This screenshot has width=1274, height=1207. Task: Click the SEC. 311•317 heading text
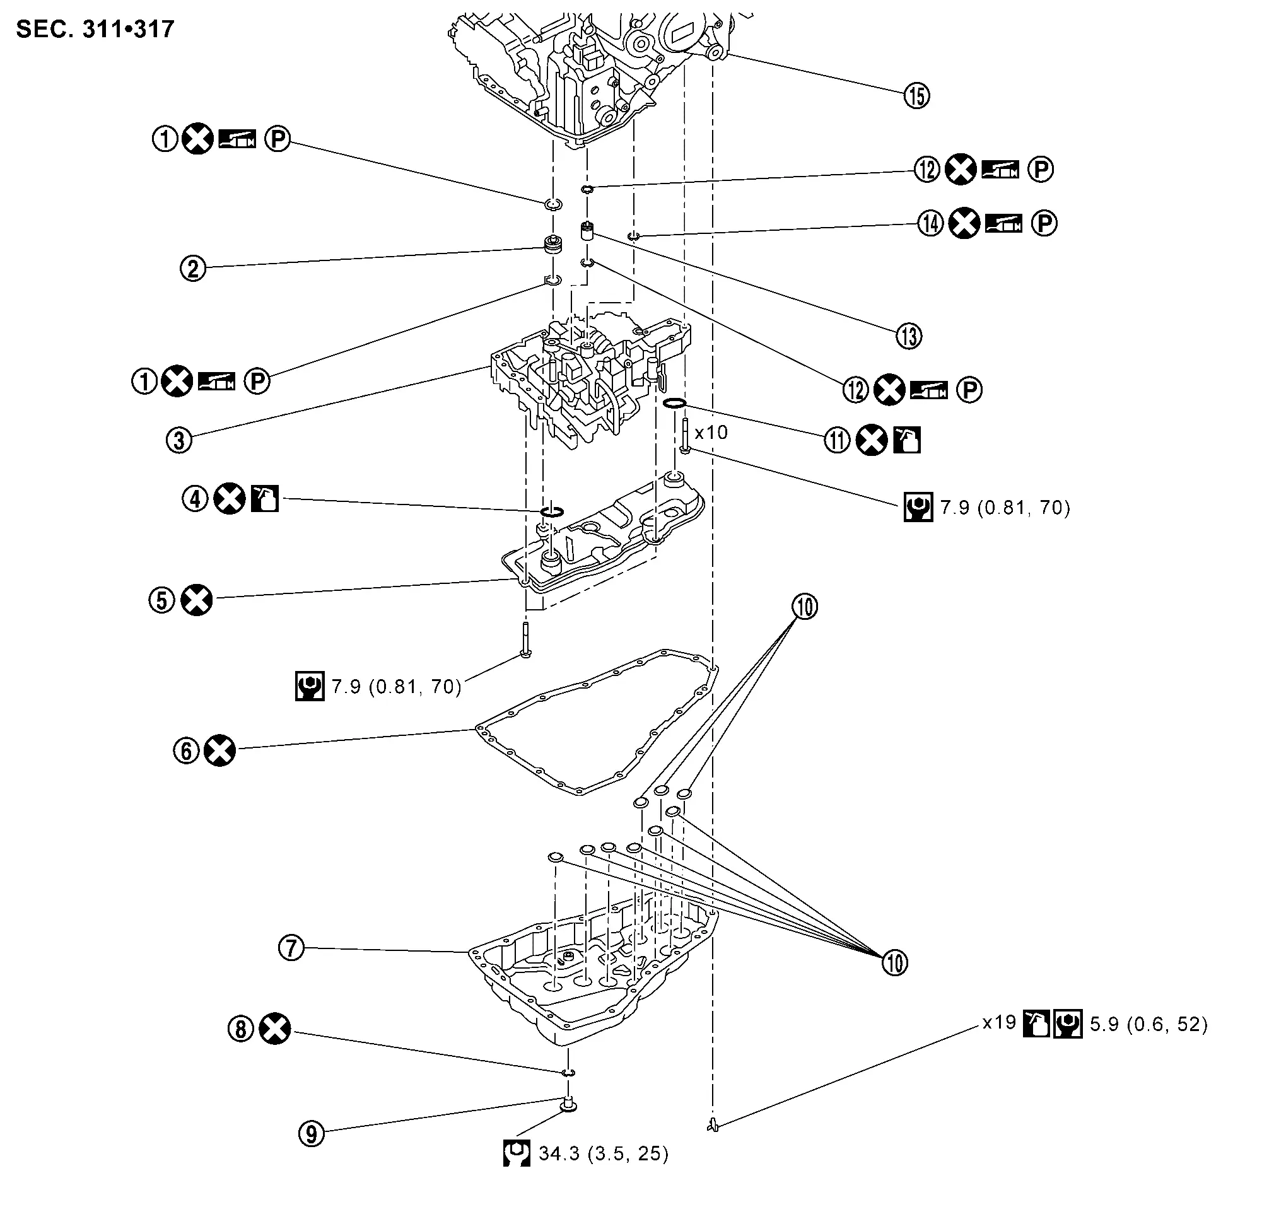(95, 30)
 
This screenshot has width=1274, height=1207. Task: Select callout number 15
(916, 96)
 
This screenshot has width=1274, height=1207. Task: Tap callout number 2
(192, 268)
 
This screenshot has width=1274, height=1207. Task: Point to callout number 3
(179, 440)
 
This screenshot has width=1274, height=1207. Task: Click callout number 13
(909, 336)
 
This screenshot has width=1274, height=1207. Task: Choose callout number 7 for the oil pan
(291, 948)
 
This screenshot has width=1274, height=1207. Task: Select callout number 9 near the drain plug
(312, 1134)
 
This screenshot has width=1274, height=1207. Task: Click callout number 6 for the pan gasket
(186, 750)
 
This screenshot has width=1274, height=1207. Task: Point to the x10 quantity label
(711, 433)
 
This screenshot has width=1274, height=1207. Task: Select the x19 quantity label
(998, 1022)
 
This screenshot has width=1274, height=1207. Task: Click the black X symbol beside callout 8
(275, 1029)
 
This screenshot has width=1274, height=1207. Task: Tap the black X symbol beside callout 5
(196, 600)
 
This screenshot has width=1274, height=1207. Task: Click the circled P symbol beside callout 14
(1044, 223)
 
